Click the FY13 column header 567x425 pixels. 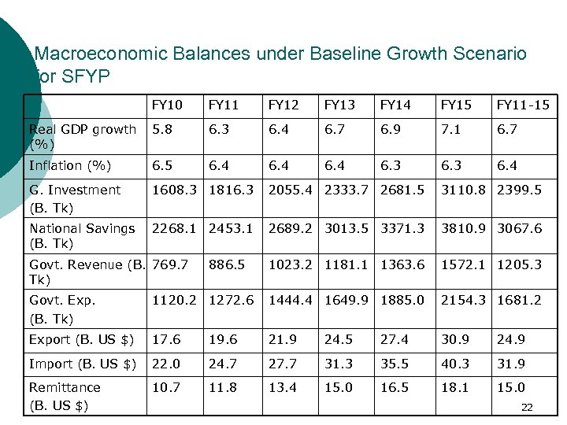tap(339, 105)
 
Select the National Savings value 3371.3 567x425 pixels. tap(402, 228)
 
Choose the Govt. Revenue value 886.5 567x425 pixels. tap(226, 264)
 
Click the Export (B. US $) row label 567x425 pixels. tap(81, 340)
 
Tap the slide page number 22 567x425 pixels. tap(527, 407)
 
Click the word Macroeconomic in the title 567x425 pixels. tap(102, 54)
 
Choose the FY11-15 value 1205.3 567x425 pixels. tap(519, 264)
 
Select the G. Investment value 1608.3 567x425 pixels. tap(174, 190)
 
